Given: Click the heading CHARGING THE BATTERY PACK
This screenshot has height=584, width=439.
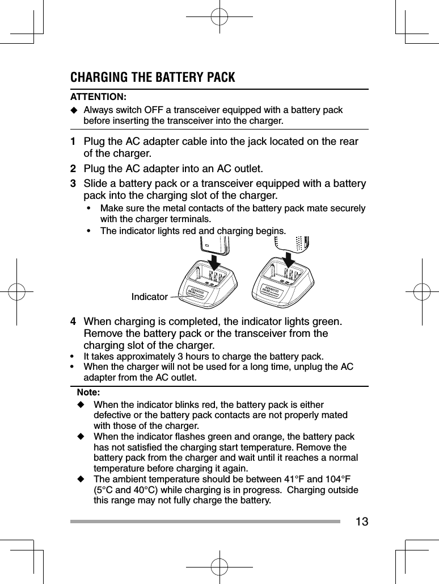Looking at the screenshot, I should pyautogui.click(x=152, y=77).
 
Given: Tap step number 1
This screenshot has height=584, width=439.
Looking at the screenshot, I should pyautogui.click(x=73, y=141).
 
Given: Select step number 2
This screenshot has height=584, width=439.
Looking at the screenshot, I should pyautogui.click(x=73, y=168).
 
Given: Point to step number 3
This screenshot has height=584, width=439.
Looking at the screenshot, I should pyautogui.click(x=73, y=183).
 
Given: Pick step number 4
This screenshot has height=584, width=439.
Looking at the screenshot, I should pyautogui.click(x=73, y=322).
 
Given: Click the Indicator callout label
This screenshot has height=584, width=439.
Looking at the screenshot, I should pyautogui.click(x=149, y=297).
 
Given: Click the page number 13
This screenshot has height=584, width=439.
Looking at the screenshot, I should pyautogui.click(x=361, y=521).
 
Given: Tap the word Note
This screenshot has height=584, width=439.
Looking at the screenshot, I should pyautogui.click(x=88, y=393).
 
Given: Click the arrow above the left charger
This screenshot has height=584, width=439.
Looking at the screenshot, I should pyautogui.click(x=216, y=263).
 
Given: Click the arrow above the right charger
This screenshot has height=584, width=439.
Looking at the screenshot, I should pyautogui.click(x=289, y=259).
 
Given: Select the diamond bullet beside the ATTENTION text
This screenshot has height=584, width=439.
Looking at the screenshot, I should pyautogui.click(x=74, y=110).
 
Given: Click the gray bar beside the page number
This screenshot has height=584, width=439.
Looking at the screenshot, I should pyautogui.click(x=205, y=521).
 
